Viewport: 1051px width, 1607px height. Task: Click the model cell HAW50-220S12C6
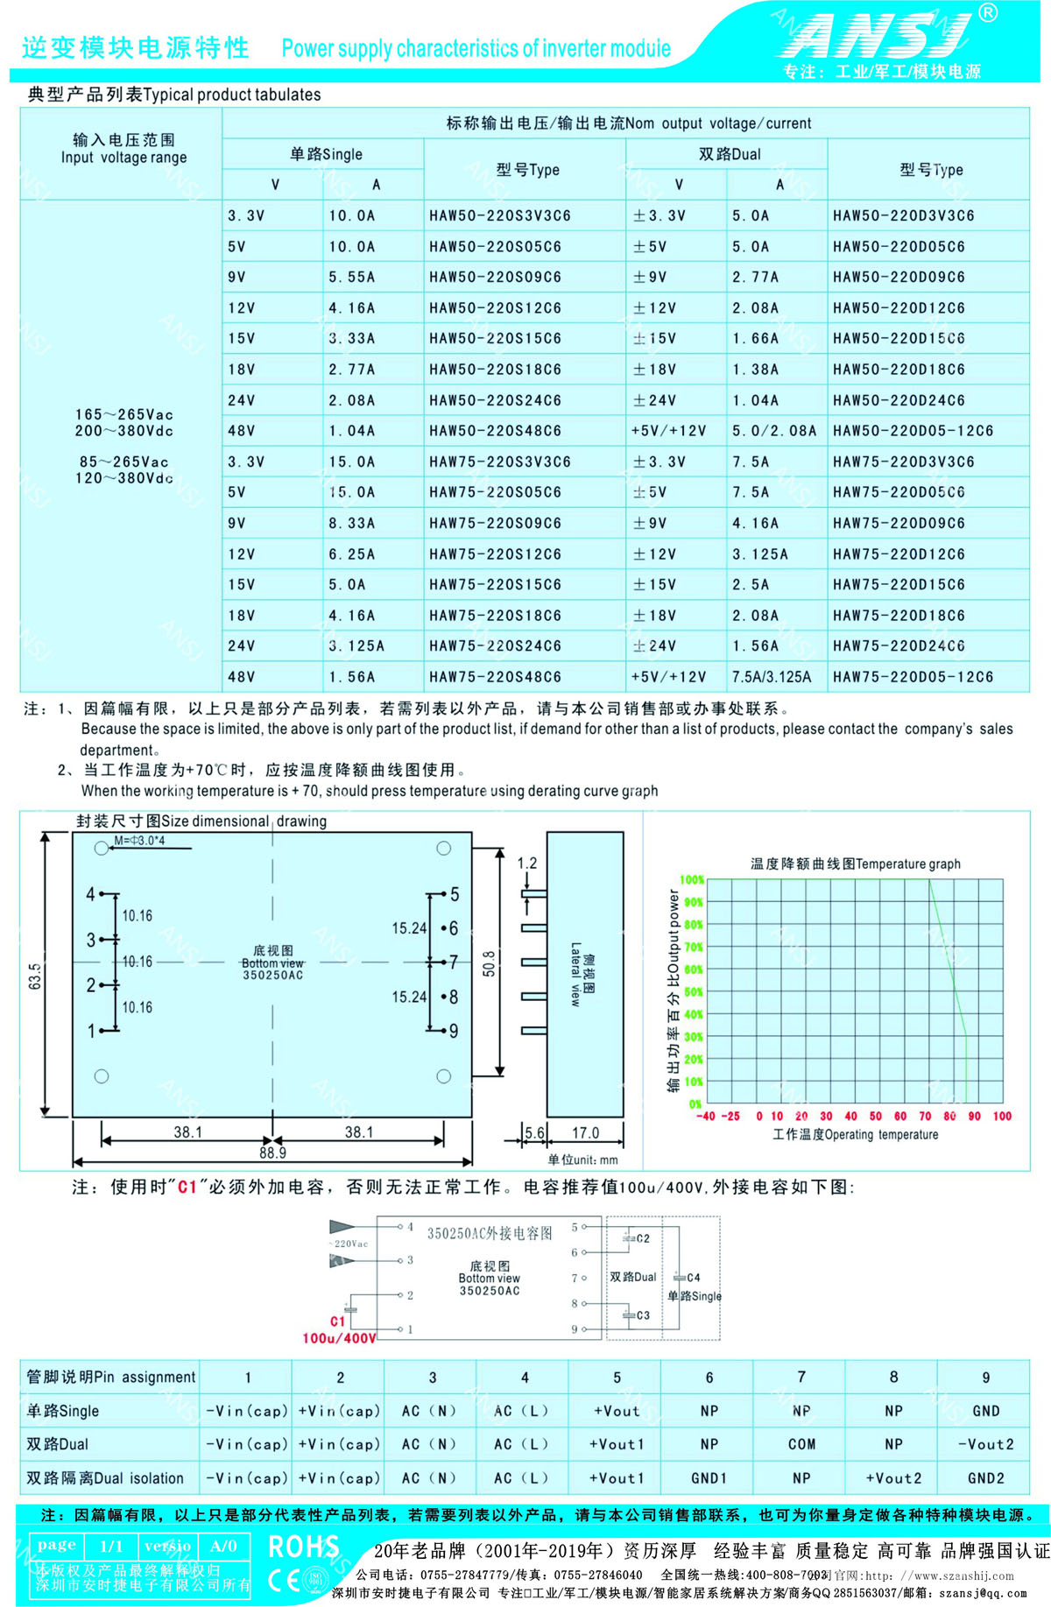[x=495, y=308]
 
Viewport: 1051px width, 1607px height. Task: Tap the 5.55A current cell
[x=351, y=278]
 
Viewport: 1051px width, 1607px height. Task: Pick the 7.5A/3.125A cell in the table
[x=772, y=677]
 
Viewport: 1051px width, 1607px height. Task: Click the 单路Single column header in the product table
[x=325, y=154]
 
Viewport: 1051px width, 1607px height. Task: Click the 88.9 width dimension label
[x=272, y=1152]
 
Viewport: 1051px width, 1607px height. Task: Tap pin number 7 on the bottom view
[x=454, y=962]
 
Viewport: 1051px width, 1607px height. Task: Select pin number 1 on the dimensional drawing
[x=90, y=1032]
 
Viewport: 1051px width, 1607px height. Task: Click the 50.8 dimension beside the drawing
[x=489, y=963]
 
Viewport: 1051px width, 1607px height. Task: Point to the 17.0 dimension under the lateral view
[x=585, y=1132]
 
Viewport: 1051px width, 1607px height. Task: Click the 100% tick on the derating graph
[x=692, y=879]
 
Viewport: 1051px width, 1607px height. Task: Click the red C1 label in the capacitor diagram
[x=337, y=1322]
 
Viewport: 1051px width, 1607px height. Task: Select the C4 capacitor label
[x=693, y=1278]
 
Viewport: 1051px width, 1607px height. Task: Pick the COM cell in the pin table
[x=801, y=1444]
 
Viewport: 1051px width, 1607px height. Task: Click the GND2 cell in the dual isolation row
[x=985, y=1478]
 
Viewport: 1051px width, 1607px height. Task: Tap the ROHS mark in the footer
[x=303, y=1547]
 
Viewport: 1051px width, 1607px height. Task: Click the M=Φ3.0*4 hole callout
[x=140, y=841]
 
